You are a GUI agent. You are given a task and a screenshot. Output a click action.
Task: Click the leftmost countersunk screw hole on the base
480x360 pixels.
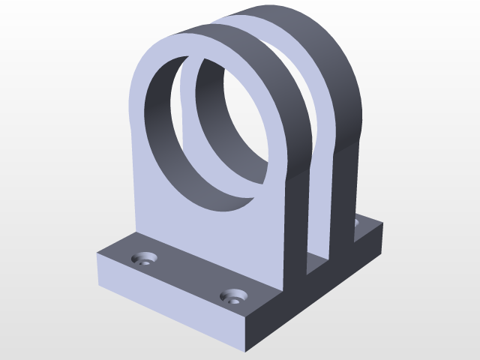143,259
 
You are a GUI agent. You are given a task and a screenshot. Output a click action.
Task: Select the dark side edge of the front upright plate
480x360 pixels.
297,225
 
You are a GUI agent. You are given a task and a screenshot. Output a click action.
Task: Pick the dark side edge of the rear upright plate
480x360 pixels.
345,195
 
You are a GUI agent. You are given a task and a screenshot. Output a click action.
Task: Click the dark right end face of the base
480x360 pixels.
315,300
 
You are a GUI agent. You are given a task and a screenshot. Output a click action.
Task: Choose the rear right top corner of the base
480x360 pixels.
383,223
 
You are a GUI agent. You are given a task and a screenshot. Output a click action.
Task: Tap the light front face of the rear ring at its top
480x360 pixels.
247,22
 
